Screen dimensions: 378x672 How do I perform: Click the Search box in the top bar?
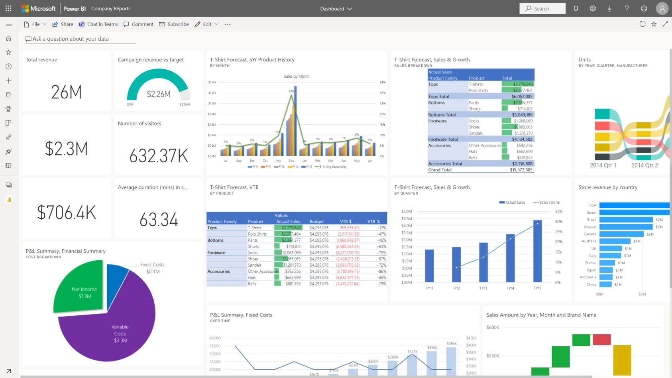click(542, 8)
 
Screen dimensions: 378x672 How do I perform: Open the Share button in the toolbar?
click(63, 24)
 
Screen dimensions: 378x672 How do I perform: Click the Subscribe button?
click(174, 24)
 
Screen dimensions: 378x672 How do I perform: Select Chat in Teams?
click(98, 24)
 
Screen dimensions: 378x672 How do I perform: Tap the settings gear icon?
click(593, 8)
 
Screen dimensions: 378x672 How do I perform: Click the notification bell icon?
click(576, 8)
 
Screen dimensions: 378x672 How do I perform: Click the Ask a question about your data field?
click(80, 39)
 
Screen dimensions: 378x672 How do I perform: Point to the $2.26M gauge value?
click(159, 94)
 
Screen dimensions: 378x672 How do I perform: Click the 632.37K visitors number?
click(159, 156)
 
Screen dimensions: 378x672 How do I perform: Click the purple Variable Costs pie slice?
click(116, 331)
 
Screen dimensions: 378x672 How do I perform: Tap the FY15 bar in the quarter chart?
click(537, 251)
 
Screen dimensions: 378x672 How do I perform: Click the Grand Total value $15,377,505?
click(521, 170)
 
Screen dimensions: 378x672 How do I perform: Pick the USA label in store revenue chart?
click(593, 205)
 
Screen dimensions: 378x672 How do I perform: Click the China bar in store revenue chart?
click(605, 285)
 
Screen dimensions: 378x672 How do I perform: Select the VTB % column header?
click(373, 222)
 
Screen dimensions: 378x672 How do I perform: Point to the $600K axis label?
click(493, 327)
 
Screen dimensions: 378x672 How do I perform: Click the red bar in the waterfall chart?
click(601, 339)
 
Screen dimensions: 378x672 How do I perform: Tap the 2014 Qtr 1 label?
click(603, 165)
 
